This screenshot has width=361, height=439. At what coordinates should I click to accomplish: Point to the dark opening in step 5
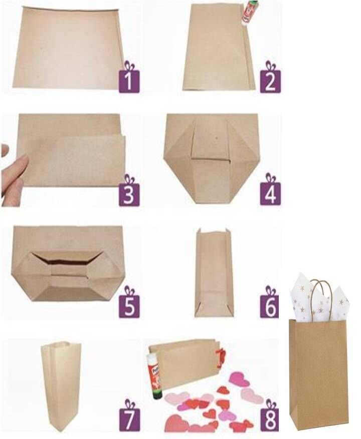(67, 263)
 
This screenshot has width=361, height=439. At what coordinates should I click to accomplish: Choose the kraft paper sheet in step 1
(68, 48)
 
